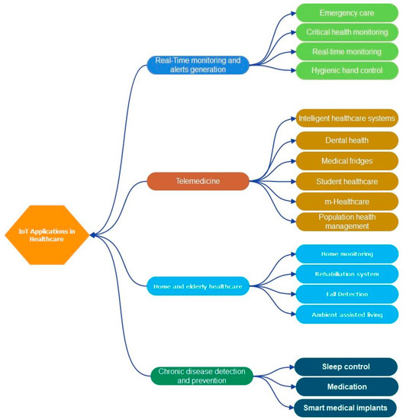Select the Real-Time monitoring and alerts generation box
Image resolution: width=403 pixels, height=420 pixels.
tap(197, 65)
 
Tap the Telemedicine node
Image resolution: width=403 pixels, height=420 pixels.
tap(198, 181)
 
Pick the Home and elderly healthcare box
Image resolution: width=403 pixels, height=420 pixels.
tap(198, 286)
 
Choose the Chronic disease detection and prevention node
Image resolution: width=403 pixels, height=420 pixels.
tap(201, 375)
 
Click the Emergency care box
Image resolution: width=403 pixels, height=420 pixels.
tap(347, 13)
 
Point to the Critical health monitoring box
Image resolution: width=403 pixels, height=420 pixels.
tap(347, 32)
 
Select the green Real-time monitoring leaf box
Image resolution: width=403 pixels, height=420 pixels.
tap(347, 51)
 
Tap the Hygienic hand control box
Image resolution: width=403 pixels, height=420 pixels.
tap(347, 70)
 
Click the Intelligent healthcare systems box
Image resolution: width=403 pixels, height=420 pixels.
tap(347, 118)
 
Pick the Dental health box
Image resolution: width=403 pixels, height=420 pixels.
tap(347, 140)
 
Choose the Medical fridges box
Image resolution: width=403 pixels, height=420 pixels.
tap(347, 160)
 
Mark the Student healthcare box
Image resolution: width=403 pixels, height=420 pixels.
tap(347, 181)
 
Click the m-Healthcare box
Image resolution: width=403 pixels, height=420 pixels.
tap(347, 201)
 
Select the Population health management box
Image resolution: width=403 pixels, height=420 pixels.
tap(347, 221)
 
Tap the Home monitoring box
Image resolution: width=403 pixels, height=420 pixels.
tap(347, 254)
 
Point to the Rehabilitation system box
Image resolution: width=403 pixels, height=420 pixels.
tap(347, 273)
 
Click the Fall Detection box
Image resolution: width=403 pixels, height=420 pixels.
tap(347, 294)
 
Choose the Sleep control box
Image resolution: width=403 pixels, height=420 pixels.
tap(347, 367)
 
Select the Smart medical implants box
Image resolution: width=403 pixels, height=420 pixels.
tap(347, 407)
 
